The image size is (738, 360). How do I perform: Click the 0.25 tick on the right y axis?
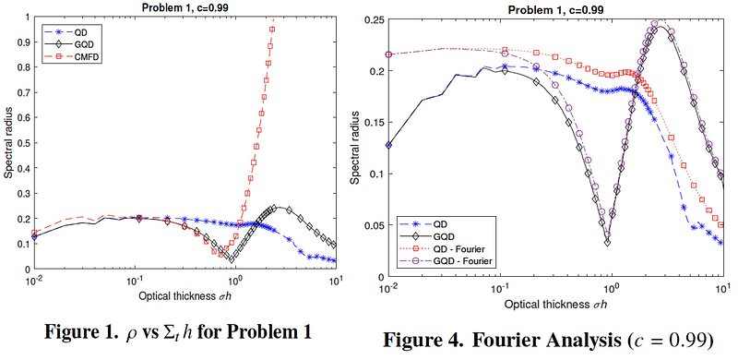[375, 19]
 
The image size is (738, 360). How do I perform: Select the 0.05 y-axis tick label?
[375, 225]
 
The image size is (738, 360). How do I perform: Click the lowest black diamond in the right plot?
[608, 243]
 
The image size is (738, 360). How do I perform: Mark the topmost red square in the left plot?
[272, 30]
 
